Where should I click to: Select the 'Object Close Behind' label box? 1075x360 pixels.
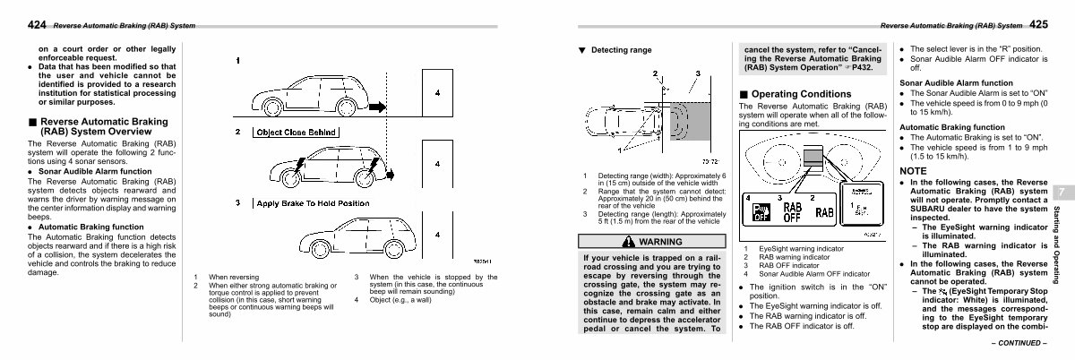pyautogui.click(x=297, y=133)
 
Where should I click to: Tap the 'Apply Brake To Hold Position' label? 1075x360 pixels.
pyautogui.click(x=311, y=203)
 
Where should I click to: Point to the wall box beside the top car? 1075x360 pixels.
pyautogui.click(x=435, y=92)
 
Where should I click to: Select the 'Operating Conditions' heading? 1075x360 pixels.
pyautogui.click(x=794, y=94)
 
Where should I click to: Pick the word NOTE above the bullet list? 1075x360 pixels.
pyautogui.click(x=914, y=170)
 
